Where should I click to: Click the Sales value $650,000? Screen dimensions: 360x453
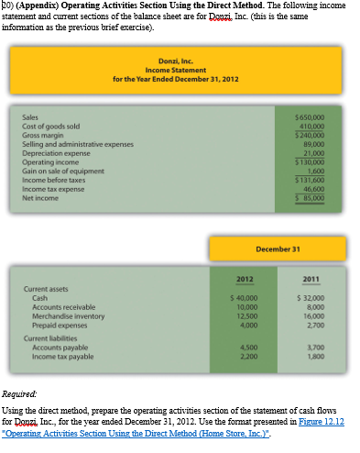pos(326,117)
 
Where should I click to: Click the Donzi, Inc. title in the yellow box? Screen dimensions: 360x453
pos(175,61)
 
